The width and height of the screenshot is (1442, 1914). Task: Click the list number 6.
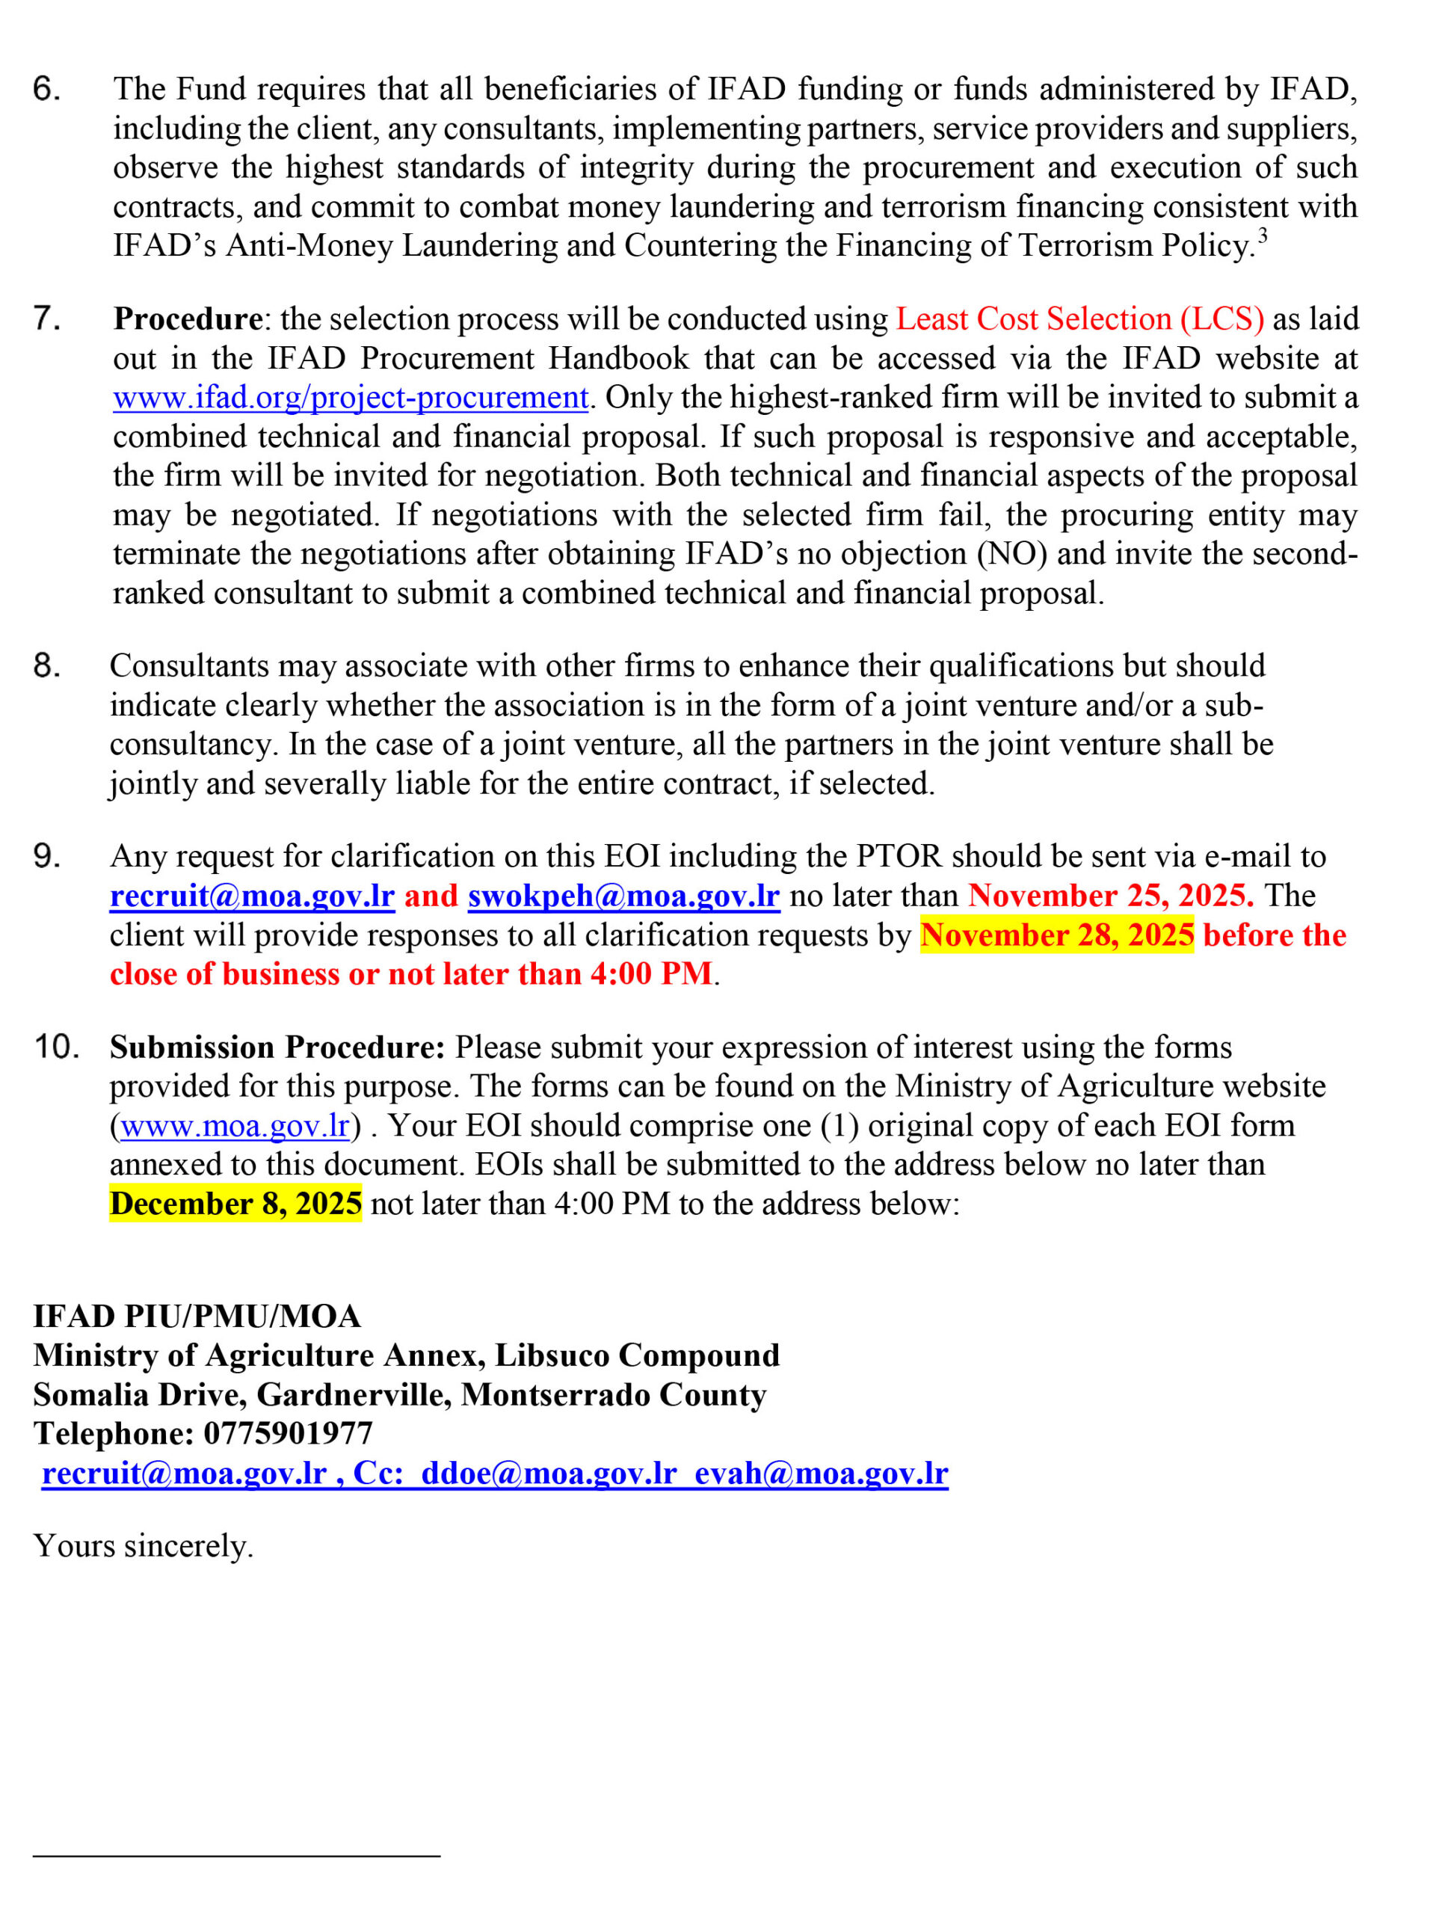click(46, 89)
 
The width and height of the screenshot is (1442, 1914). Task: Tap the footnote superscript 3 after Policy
click(1263, 236)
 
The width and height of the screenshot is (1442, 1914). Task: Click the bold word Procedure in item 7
click(188, 319)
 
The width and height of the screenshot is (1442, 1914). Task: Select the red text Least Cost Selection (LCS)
click(1079, 319)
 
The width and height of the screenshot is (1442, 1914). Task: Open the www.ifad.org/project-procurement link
click(351, 397)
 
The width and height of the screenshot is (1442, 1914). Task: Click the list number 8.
click(46, 665)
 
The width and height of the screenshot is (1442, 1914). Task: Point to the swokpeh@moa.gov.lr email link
click(623, 896)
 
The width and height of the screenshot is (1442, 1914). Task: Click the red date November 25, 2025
click(1111, 896)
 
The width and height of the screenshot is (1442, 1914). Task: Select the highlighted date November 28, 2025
click(1056, 935)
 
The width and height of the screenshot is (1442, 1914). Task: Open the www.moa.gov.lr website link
click(235, 1126)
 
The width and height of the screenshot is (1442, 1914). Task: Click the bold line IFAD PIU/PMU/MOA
click(197, 1316)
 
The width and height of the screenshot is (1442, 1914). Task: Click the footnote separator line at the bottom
click(236, 1855)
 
